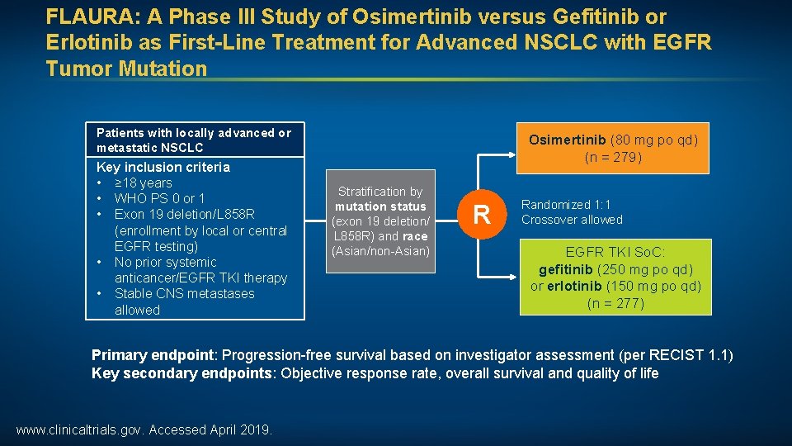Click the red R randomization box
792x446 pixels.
coord(482,216)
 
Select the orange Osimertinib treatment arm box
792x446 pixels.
coord(613,148)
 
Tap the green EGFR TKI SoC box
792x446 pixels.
coord(615,277)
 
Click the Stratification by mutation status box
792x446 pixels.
coord(380,221)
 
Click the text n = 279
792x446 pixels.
coord(613,156)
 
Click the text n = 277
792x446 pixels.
coord(615,303)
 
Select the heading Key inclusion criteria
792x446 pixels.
coord(163,167)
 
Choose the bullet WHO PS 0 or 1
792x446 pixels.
coord(159,198)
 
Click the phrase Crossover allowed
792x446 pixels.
coord(572,220)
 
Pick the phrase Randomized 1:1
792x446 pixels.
coord(566,204)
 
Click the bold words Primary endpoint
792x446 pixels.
coord(153,355)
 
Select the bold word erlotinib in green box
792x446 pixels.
coord(574,287)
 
